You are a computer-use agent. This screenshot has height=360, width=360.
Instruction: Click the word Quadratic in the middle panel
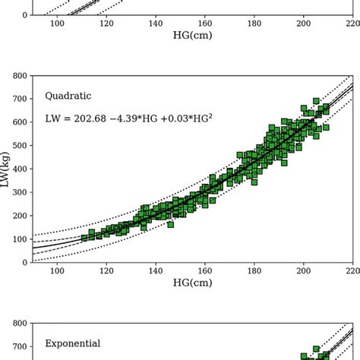(68, 96)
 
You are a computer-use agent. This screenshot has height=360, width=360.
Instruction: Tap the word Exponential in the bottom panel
(73, 343)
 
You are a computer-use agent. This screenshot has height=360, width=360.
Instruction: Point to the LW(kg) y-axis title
(6, 169)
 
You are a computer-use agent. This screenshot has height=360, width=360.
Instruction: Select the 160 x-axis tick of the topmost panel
(205, 24)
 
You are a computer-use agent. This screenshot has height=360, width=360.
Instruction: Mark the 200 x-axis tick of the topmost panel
(304, 24)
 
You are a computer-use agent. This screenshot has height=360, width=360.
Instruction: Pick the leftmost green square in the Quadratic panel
(84, 238)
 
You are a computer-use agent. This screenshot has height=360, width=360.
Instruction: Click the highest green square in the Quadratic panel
(316, 101)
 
